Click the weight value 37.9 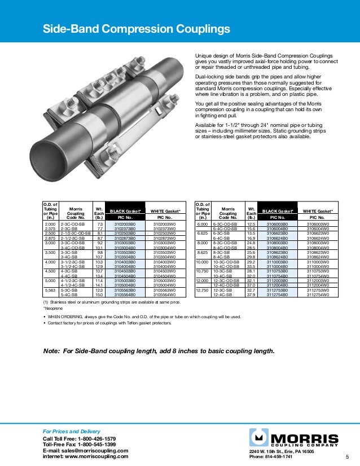(x=252, y=294)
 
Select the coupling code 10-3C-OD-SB (x=227, y=261)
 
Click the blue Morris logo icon (x=260, y=438)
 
